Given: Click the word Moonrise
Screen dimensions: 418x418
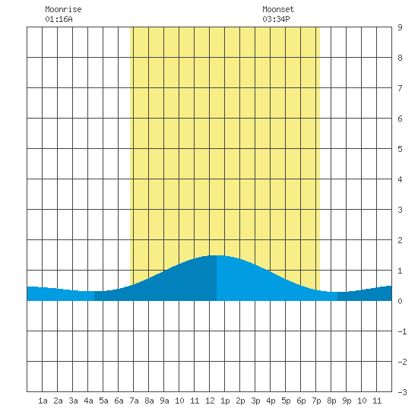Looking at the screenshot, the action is (x=63, y=9).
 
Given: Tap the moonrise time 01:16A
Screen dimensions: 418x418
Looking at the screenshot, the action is (x=59, y=19).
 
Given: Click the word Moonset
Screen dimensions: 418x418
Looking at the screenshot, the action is (x=278, y=9).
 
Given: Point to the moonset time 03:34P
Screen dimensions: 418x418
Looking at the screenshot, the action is (x=276, y=19).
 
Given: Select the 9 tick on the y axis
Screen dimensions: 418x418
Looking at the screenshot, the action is (x=400, y=27).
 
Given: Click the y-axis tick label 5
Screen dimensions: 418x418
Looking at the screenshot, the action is (x=400, y=149).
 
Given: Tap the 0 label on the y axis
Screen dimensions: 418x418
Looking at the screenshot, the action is (x=400, y=301).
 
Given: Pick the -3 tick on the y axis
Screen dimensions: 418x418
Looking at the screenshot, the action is (x=402, y=392).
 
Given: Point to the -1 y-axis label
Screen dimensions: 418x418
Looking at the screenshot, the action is (x=402, y=331).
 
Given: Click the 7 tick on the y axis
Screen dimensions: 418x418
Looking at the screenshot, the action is (x=400, y=88).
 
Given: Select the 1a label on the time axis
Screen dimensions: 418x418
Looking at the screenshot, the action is (x=43, y=401).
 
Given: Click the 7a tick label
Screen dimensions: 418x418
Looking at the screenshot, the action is (x=134, y=401).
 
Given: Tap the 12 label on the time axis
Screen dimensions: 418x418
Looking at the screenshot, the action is (x=210, y=401).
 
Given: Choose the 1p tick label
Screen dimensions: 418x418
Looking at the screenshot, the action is (x=225, y=401).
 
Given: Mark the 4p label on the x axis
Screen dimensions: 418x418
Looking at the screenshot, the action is (x=271, y=401).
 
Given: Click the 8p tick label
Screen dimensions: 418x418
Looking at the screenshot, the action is (x=331, y=401).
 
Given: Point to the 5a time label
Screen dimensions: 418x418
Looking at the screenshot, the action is (x=103, y=401).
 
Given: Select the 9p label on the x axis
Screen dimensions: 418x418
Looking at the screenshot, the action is (x=347, y=401).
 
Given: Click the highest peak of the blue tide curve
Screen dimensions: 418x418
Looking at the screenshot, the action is (x=217, y=255).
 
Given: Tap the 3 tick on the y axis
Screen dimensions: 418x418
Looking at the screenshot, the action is (x=400, y=210).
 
